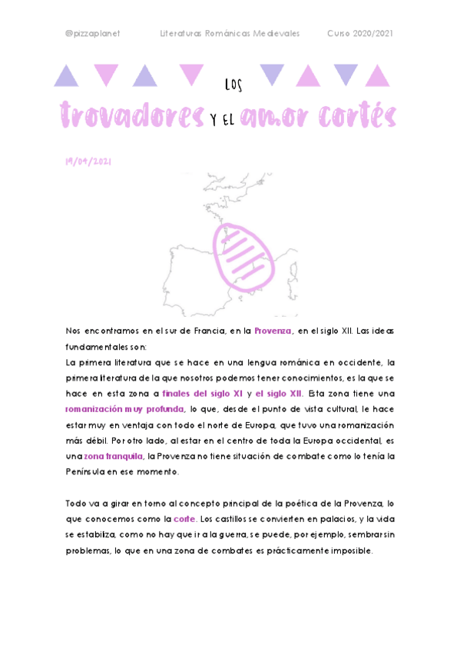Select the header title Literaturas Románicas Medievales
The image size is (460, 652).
point(230,34)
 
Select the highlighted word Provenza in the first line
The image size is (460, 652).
point(273,330)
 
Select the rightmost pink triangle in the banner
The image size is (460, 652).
point(377,75)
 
